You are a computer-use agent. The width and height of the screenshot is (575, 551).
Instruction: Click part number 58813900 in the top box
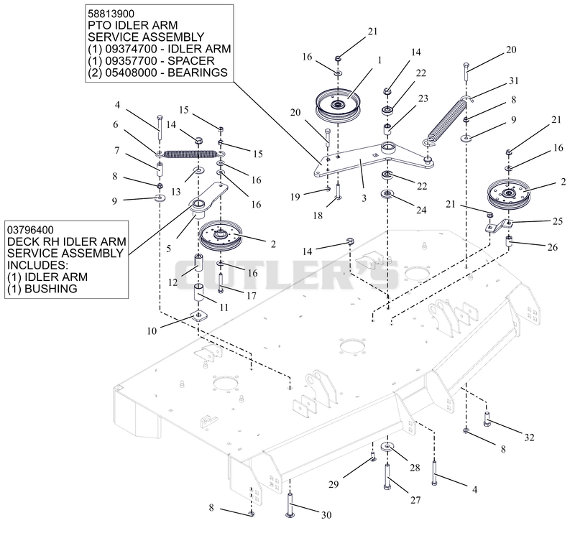point(111,14)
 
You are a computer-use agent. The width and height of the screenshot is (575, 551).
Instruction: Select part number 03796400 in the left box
point(30,230)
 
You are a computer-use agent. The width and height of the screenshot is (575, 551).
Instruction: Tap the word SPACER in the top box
point(190,60)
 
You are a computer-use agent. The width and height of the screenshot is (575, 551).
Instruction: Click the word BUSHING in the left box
point(50,289)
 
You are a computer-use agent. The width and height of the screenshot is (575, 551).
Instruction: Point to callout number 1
point(379,60)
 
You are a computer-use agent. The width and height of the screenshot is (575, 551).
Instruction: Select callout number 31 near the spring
point(514,80)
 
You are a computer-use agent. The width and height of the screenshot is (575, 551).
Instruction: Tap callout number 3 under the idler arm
point(364,198)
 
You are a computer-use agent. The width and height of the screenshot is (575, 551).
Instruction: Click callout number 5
point(168,249)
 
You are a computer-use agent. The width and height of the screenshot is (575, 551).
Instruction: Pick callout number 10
point(152,331)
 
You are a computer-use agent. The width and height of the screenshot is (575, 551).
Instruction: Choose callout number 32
point(529,437)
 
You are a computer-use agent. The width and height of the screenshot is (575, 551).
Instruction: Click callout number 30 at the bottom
point(326,515)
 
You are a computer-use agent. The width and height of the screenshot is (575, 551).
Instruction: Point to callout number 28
point(415,468)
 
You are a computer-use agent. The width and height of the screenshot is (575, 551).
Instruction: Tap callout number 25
point(558,221)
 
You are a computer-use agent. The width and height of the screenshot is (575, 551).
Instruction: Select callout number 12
point(172,282)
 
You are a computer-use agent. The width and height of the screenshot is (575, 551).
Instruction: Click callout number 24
point(421,210)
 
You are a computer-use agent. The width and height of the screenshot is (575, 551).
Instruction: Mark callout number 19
point(295,197)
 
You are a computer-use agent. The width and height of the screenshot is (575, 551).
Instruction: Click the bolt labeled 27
point(387,476)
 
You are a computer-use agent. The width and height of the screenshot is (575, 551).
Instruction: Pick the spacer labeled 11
point(199,292)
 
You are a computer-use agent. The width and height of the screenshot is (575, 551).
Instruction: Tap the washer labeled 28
point(387,447)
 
